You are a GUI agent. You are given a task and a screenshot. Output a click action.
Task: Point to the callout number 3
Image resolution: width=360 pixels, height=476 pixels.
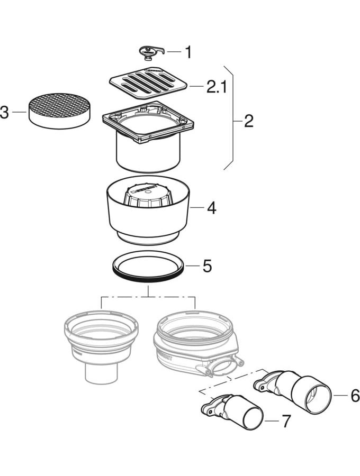click(x=5, y=113)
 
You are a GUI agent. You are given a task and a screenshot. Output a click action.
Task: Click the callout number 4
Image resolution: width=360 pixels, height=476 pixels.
click(x=211, y=208)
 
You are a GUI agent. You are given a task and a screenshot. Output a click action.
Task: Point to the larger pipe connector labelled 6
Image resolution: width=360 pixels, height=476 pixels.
click(x=296, y=389)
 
